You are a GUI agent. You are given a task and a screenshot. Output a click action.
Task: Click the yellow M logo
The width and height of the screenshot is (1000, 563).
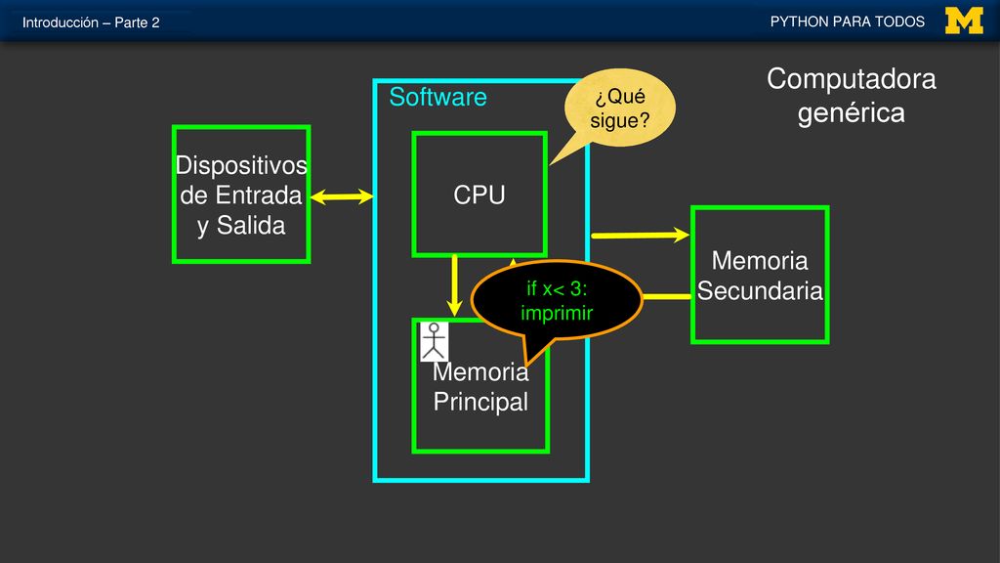(964, 21)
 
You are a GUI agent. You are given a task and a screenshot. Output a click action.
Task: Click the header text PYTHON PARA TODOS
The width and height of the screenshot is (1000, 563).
(847, 22)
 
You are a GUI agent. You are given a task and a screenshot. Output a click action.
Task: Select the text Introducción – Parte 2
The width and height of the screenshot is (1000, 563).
(91, 23)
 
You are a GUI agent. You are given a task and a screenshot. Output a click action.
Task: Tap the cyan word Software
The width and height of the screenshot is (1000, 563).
(437, 97)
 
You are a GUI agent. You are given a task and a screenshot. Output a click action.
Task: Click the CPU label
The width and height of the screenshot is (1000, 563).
(479, 195)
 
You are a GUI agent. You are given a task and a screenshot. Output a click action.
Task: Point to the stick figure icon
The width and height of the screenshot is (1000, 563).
(434, 341)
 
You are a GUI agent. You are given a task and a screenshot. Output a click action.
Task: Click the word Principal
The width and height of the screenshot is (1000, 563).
(480, 402)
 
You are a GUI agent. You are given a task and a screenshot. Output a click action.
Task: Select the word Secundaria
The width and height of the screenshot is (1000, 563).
(760, 290)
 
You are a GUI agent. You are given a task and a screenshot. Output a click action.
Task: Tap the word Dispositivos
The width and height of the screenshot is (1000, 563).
(241, 165)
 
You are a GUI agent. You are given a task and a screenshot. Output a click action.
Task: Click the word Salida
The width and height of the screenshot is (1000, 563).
(251, 226)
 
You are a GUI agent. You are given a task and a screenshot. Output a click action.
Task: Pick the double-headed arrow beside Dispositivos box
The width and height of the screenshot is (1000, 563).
(342, 196)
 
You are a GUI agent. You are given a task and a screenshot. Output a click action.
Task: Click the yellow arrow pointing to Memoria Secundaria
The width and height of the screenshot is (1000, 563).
(641, 236)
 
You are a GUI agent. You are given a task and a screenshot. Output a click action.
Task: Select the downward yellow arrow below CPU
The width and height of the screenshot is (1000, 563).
(454, 285)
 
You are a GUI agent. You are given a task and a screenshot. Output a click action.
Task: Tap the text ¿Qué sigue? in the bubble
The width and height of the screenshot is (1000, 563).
(619, 108)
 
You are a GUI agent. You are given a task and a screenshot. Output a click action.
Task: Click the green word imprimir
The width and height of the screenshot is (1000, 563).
(557, 313)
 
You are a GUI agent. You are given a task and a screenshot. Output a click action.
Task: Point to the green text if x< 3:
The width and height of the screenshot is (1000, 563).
(557, 288)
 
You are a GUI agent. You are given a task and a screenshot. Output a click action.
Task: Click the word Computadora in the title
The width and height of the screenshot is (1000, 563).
(851, 79)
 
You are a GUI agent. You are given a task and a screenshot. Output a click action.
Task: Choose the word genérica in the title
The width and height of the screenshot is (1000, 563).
(851, 113)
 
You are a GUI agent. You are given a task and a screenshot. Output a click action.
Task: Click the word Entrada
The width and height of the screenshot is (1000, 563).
(258, 195)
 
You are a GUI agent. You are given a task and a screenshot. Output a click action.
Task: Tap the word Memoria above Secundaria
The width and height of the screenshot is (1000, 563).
(760, 260)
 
